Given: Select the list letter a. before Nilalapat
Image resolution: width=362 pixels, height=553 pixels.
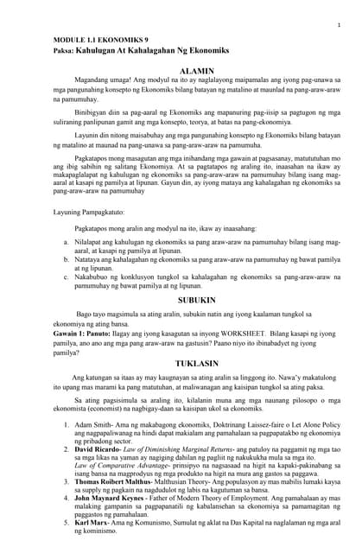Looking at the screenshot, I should coord(67,267).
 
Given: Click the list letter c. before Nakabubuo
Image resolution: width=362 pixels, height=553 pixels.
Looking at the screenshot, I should coord(67,301).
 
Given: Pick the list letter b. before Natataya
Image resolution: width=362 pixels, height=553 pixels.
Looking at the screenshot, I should coord(67,283).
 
